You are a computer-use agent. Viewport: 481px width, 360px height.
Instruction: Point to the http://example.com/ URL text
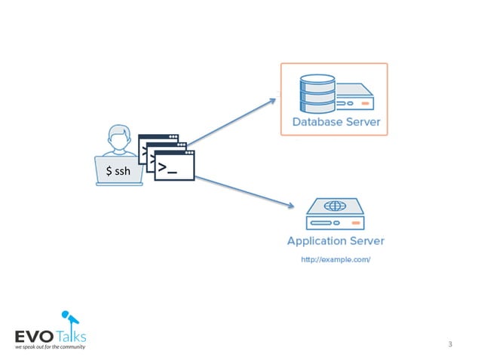pyautogui.click(x=335, y=260)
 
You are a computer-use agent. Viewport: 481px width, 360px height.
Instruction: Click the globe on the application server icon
pyautogui.click(x=335, y=206)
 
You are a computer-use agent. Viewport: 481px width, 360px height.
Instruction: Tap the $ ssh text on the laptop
pyautogui.click(x=118, y=172)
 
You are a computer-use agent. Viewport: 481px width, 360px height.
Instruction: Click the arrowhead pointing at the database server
pyautogui.click(x=273, y=99)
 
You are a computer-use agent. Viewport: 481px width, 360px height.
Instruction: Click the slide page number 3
pyautogui.click(x=449, y=344)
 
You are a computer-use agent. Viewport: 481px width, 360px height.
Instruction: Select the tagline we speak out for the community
pyautogui.click(x=49, y=347)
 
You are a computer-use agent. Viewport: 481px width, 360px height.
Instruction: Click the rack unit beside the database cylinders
pyautogui.click(x=354, y=99)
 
